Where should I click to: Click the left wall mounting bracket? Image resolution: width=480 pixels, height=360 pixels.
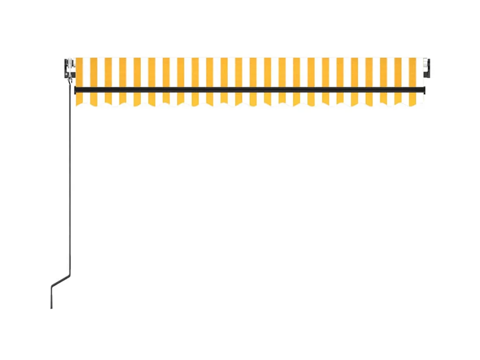click(x=68, y=68)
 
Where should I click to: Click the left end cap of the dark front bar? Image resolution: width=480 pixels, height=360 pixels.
click(x=76, y=89)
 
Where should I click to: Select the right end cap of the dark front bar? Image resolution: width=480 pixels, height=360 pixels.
click(x=423, y=89)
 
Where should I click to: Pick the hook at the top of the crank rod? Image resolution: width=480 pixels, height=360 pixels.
click(x=70, y=78)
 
